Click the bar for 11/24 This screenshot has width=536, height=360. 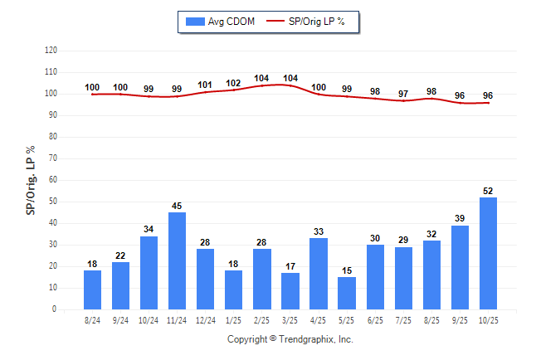coord(177,260)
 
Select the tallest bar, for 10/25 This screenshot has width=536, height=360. coord(488,253)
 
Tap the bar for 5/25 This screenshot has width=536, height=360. coord(347,293)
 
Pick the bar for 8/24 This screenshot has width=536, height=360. coord(92,289)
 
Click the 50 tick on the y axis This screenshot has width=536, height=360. coord(52,202)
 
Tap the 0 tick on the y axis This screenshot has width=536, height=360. coord(55,309)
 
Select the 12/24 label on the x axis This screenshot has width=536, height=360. coord(205,320)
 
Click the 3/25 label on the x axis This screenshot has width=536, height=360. coord(290,320)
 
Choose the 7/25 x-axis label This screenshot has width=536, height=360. coord(403,320)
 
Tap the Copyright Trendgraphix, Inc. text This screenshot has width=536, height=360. coord(290,339)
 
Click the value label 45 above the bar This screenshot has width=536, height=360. coord(177,207)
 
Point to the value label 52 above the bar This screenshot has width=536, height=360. coord(488,192)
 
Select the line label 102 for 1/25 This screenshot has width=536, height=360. coord(233,83)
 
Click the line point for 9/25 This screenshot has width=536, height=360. coord(460,103)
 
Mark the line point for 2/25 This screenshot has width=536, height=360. coord(261,86)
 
